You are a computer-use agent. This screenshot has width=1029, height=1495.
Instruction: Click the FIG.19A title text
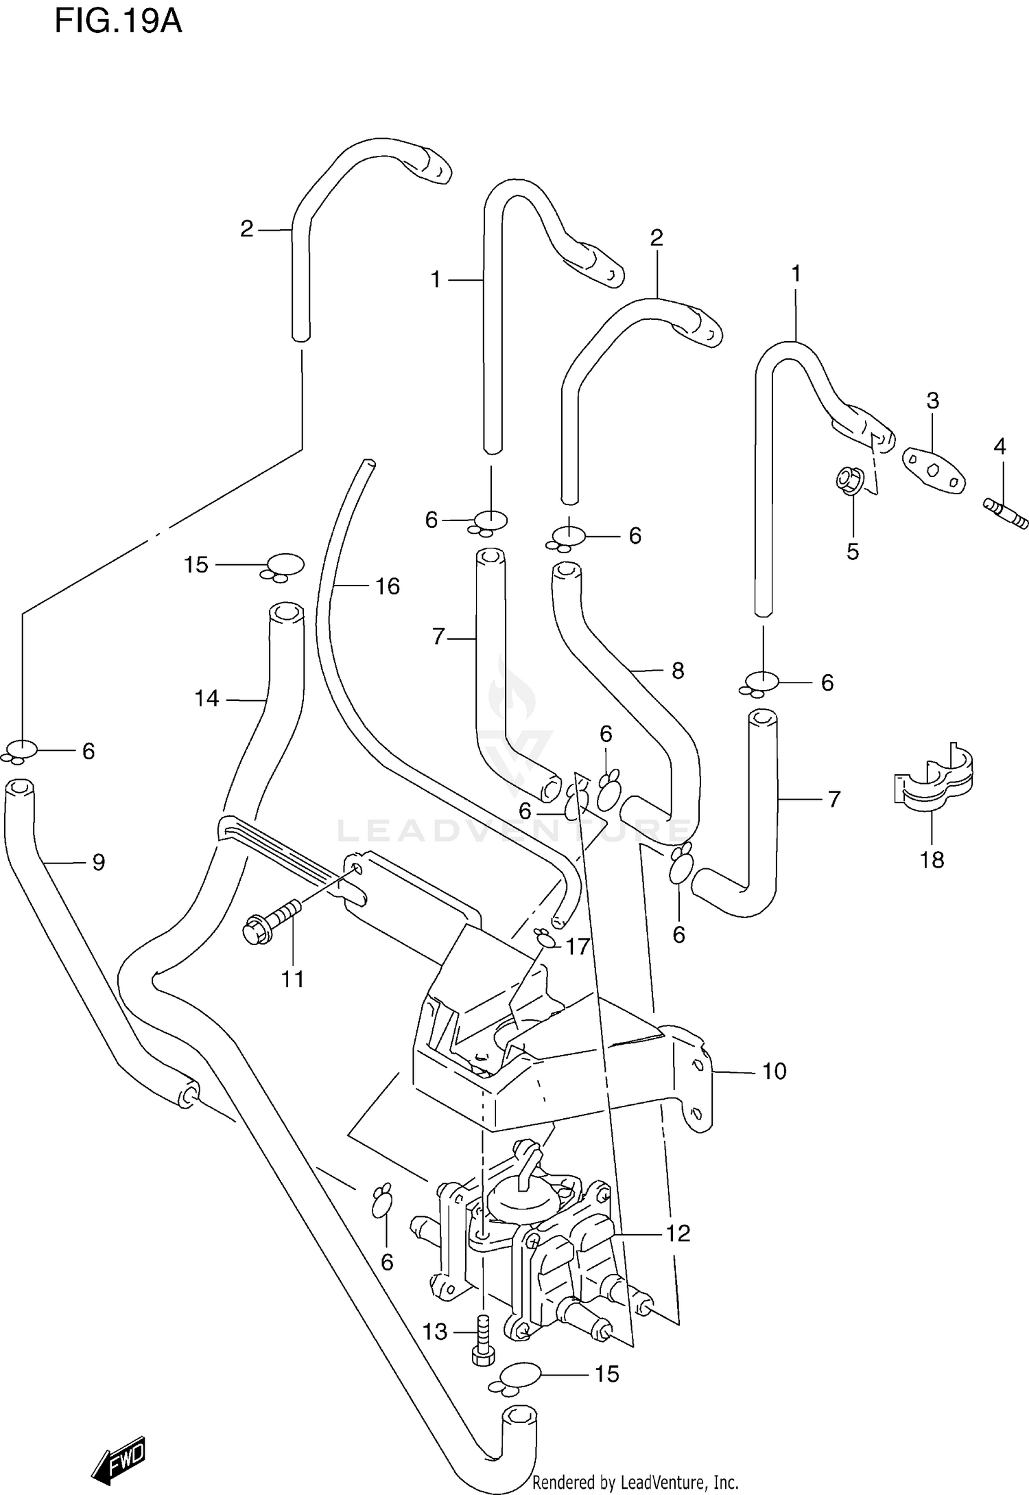coord(118,23)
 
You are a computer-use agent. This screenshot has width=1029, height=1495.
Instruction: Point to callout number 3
coord(932,400)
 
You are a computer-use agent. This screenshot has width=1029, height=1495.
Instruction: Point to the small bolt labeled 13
coord(482,1338)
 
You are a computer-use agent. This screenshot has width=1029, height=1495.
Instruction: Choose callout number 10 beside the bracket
coord(774,1071)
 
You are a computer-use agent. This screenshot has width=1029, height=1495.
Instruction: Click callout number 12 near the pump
coord(678,1233)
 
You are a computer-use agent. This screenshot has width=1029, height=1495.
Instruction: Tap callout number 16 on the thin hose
coord(388,586)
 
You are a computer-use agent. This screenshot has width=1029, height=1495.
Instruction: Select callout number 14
coord(206,699)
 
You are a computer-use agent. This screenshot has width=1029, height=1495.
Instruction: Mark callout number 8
coord(678,670)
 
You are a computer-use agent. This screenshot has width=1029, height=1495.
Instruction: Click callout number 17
coord(577,947)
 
